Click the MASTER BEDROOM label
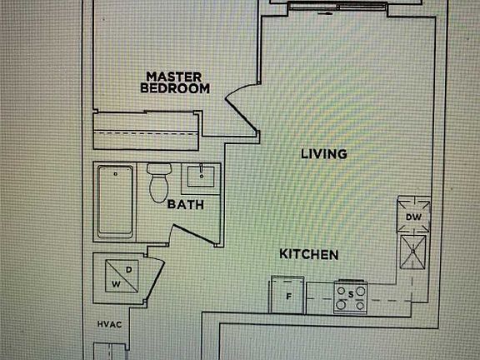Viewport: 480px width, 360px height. tap(175, 82)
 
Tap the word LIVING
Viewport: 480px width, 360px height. tap(324, 153)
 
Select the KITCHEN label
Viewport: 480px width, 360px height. tap(309, 254)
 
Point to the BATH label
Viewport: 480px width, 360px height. tap(186, 204)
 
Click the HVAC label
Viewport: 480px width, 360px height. tap(110, 324)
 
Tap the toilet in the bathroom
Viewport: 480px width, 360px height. tap(159, 182)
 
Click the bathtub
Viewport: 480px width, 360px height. tap(115, 202)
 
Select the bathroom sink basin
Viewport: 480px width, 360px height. tap(201, 177)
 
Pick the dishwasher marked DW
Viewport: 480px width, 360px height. tap(413, 215)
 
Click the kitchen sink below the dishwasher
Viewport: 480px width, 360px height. tap(413, 252)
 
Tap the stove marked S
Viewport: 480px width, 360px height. tap(351, 297)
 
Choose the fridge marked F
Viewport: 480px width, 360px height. tap(287, 295)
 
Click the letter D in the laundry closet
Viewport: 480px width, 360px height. tap(129, 270)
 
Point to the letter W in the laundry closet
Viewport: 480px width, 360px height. tap(116, 284)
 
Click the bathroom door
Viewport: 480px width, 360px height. tap(192, 234)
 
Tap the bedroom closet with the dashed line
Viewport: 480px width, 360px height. tap(146, 132)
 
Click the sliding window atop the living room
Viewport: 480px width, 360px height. tap(337, 7)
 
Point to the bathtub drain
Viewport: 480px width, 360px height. tap(115, 174)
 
